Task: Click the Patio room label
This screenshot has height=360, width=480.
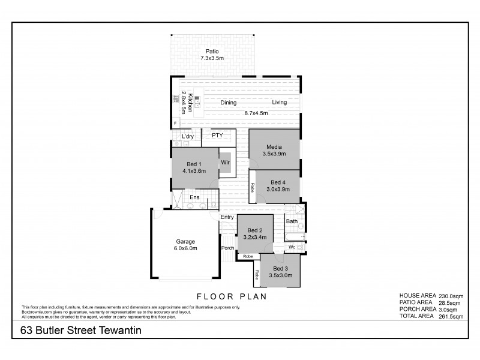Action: [211, 51]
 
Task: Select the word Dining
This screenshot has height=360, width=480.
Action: [228, 103]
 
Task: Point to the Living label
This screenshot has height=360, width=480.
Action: [279, 103]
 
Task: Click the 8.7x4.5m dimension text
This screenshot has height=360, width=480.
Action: [256, 113]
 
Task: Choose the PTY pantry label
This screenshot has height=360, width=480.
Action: [217, 136]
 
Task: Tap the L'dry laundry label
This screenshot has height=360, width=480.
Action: [188, 137]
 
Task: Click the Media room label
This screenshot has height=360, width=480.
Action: [274, 146]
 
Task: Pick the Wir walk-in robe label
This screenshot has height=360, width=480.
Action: [226, 162]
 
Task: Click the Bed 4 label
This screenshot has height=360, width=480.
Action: [279, 182]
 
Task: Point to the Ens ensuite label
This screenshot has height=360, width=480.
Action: [194, 197]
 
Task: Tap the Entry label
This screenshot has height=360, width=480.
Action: [227, 217]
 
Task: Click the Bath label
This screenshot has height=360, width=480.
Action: [292, 221]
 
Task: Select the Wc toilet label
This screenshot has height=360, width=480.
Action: [291, 247]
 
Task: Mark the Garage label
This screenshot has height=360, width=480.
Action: [185, 241]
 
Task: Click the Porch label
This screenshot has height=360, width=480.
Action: [227, 248]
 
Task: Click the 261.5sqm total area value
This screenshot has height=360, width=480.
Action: [450, 316]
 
